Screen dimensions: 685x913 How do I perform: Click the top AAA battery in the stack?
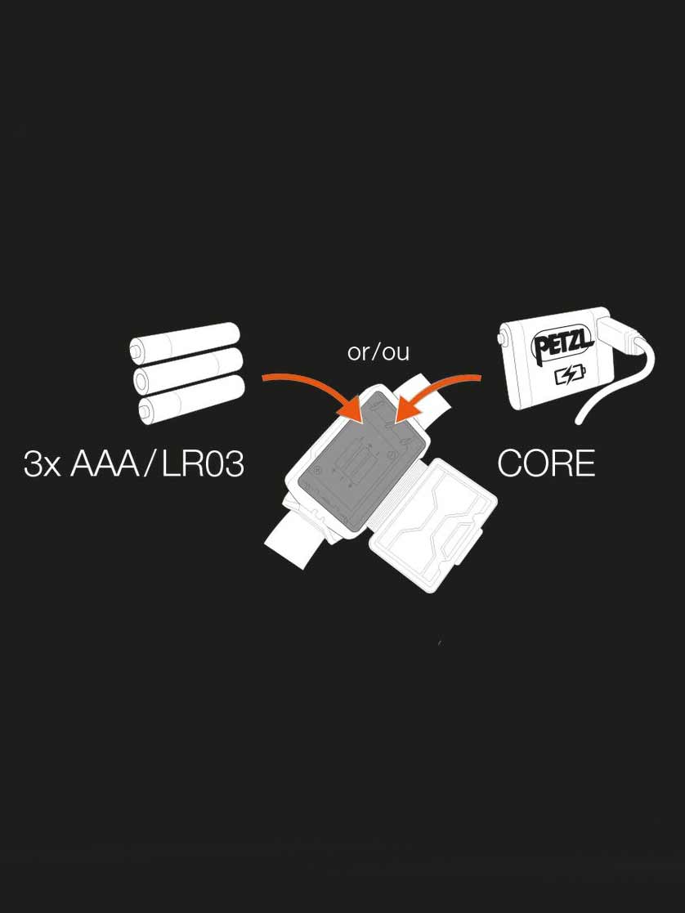tap(185, 343)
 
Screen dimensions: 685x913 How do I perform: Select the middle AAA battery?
tap(188, 371)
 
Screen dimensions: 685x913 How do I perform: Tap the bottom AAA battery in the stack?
tap(191, 399)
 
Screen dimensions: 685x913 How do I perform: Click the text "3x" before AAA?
tap(42, 464)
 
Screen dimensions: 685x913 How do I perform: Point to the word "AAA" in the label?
tap(105, 464)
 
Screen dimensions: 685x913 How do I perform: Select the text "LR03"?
tap(202, 464)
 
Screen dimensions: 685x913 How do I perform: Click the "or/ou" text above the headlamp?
tap(378, 352)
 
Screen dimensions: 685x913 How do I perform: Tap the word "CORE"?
tap(546, 464)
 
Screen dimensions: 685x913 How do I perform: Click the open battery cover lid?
tap(433, 526)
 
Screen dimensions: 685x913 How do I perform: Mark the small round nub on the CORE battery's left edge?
tap(501, 338)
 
